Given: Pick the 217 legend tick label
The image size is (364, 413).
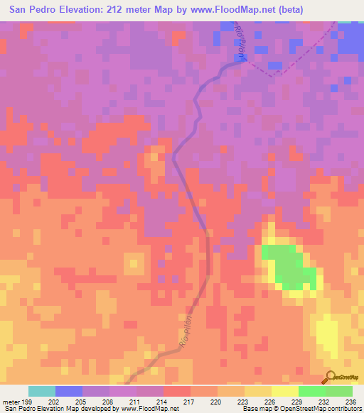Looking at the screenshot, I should tap(189, 401).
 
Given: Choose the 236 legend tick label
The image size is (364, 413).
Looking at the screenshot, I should tap(350, 401).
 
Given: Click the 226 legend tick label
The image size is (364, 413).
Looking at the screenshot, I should tap(271, 401).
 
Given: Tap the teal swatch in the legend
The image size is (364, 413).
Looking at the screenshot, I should tap(41, 391).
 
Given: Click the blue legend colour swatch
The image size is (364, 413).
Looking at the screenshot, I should tap(68, 391).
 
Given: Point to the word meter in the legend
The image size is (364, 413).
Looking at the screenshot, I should tap(10, 401).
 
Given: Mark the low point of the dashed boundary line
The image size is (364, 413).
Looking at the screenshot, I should tap(273, 73).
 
